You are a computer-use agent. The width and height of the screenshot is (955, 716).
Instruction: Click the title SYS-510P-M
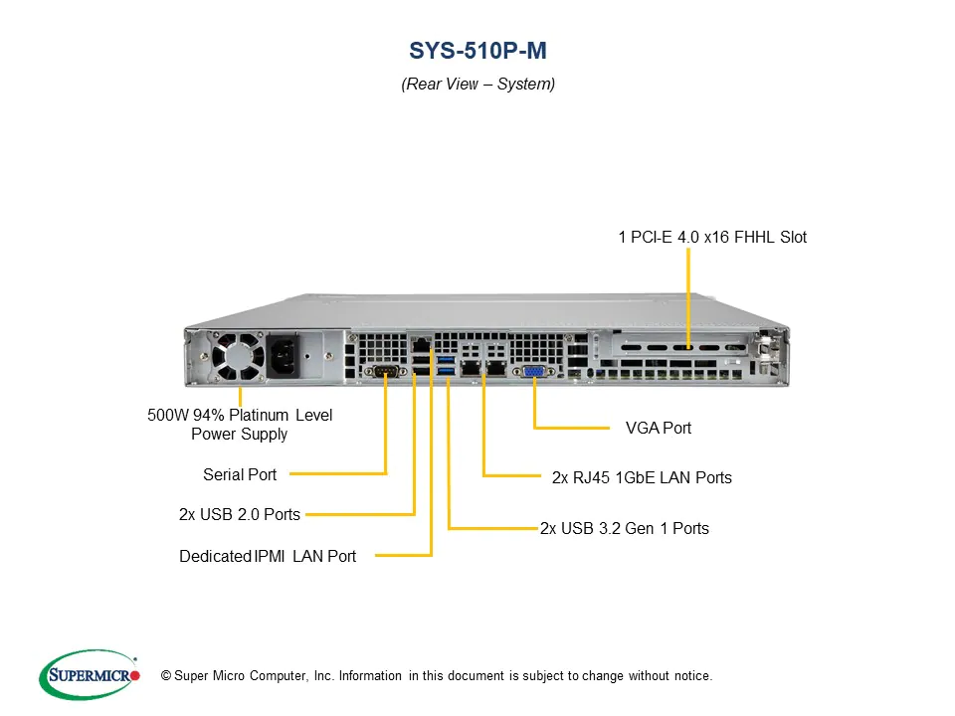[477, 51]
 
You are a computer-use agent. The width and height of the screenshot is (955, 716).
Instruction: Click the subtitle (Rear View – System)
[478, 84]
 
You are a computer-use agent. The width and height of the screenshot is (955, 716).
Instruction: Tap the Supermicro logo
[90, 674]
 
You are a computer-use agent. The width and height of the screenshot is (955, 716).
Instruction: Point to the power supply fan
[238, 357]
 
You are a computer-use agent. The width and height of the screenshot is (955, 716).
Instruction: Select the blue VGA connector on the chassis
[534, 371]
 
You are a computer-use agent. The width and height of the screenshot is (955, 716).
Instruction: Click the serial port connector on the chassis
[386, 371]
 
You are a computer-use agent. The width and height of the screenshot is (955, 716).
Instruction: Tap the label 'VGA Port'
[659, 428]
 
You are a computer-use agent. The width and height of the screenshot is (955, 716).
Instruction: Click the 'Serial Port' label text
[240, 474]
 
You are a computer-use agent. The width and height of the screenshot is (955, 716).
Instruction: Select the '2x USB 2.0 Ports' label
[240, 514]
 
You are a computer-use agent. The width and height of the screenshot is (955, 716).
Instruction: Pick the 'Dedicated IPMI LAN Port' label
[268, 556]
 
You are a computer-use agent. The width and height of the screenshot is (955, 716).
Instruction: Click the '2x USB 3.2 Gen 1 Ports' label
[625, 528]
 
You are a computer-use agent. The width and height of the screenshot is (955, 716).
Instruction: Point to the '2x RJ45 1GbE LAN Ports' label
[642, 477]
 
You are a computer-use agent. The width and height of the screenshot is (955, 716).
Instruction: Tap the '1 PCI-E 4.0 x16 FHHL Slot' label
[712, 237]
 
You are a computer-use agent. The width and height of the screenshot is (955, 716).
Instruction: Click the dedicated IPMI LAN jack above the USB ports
[421, 345]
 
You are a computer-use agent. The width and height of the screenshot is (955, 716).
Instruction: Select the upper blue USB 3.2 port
[446, 360]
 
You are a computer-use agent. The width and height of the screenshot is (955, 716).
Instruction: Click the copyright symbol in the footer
[166, 676]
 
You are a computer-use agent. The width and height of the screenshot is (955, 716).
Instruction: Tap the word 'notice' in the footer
[692, 676]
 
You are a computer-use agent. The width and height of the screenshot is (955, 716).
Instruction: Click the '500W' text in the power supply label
[168, 416]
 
